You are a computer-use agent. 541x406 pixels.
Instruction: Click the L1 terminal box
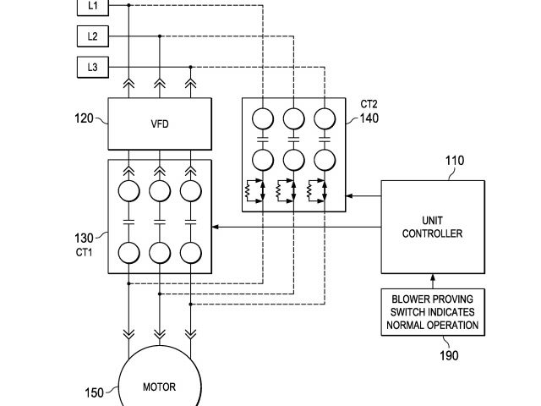pyautogui.click(x=93, y=8)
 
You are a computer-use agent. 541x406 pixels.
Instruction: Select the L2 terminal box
pyautogui.click(x=93, y=36)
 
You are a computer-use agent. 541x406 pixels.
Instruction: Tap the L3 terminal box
pyautogui.click(x=93, y=67)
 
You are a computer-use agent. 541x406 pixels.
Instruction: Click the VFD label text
pyautogui.click(x=160, y=124)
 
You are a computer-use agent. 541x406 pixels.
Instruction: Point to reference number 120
pyautogui.click(x=84, y=118)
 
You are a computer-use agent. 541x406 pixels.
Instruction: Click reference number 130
pyautogui.click(x=84, y=239)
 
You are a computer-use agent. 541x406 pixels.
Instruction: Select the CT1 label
pyautogui.click(x=84, y=252)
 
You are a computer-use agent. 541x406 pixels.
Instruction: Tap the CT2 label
pyautogui.click(x=369, y=104)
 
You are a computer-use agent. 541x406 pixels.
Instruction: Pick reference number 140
pyautogui.click(x=369, y=118)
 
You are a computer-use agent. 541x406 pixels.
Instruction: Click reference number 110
pyautogui.click(x=455, y=161)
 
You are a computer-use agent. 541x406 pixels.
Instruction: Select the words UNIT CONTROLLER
pyautogui.click(x=432, y=227)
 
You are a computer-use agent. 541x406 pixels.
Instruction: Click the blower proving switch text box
pyautogui.click(x=433, y=312)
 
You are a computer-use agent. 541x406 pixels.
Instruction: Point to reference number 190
pyautogui.click(x=449, y=355)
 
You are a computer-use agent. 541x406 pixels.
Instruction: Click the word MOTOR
pyautogui.click(x=160, y=387)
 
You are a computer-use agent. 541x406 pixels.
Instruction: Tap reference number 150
pyautogui.click(x=94, y=392)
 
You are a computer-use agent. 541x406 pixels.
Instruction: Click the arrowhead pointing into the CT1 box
pyautogui.click(x=215, y=227)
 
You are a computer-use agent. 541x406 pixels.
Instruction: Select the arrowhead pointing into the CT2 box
pyautogui.click(x=349, y=195)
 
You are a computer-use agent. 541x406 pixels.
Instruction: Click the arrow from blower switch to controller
pyautogui.click(x=433, y=282)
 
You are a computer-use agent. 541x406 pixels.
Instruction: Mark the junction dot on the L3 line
pyautogui.click(x=190, y=67)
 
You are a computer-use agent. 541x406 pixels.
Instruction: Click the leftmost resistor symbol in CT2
pyautogui.click(x=248, y=191)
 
